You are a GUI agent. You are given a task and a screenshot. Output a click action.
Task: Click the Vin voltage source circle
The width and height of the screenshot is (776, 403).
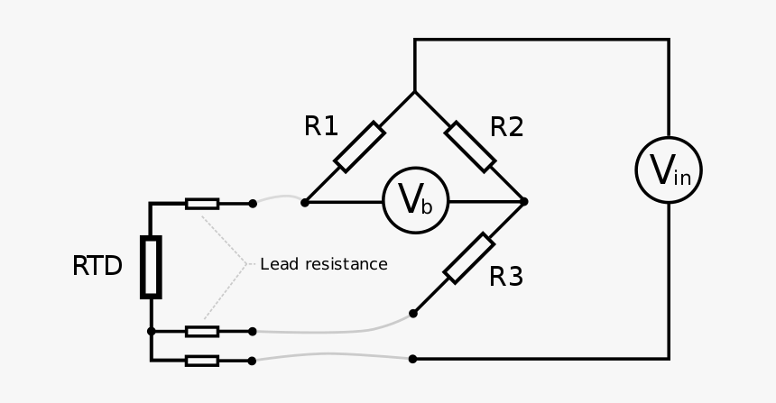(669, 169)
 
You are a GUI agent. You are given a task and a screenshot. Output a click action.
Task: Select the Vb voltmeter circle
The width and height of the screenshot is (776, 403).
(415, 200)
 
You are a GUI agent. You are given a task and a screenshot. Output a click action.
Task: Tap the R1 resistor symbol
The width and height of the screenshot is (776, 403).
(359, 147)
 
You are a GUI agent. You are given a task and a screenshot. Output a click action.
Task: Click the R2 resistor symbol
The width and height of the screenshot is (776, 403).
(470, 147)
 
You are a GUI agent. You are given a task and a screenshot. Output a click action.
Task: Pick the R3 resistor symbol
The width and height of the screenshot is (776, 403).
(469, 258)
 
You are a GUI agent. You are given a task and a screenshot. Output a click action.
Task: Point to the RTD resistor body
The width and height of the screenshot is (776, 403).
(151, 267)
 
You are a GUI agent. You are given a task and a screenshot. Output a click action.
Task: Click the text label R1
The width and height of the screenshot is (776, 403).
(321, 127)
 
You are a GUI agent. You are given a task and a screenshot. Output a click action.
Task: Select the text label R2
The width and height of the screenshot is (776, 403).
(506, 127)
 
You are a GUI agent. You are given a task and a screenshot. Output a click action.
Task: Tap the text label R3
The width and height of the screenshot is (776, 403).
(505, 277)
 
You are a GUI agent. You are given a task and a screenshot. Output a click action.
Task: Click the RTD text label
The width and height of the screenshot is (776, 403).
(97, 267)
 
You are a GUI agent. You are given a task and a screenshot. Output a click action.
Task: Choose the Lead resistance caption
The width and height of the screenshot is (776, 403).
(324, 264)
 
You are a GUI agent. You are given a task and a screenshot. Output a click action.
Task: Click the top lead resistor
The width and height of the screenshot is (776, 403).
(202, 204)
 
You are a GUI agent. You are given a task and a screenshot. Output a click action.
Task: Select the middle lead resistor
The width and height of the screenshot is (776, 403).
(202, 331)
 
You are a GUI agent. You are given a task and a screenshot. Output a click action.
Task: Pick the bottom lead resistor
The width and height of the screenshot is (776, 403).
(202, 361)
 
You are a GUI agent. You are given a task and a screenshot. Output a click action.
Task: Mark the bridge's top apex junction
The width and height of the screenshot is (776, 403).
(415, 92)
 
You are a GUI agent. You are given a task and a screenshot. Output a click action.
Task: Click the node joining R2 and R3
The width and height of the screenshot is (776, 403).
(524, 201)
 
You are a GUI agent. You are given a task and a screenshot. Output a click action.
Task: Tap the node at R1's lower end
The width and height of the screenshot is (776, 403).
(305, 202)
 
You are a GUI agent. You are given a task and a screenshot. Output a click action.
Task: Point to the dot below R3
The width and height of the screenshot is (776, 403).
(413, 313)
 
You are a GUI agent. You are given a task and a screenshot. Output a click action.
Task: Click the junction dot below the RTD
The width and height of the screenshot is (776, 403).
(151, 331)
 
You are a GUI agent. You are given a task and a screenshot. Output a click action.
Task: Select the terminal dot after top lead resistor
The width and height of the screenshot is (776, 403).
(253, 204)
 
